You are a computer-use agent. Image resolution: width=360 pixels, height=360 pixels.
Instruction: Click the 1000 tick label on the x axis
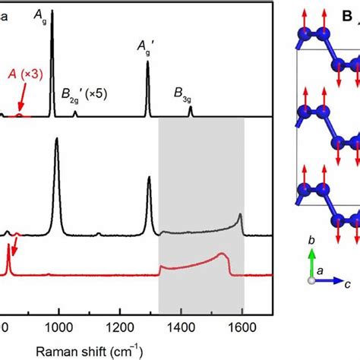[x=59, y=327]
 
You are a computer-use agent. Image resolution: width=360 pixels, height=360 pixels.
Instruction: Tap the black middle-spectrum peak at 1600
[x=241, y=216]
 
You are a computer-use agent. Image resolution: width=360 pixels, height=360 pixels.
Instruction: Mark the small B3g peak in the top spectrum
[x=190, y=109]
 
